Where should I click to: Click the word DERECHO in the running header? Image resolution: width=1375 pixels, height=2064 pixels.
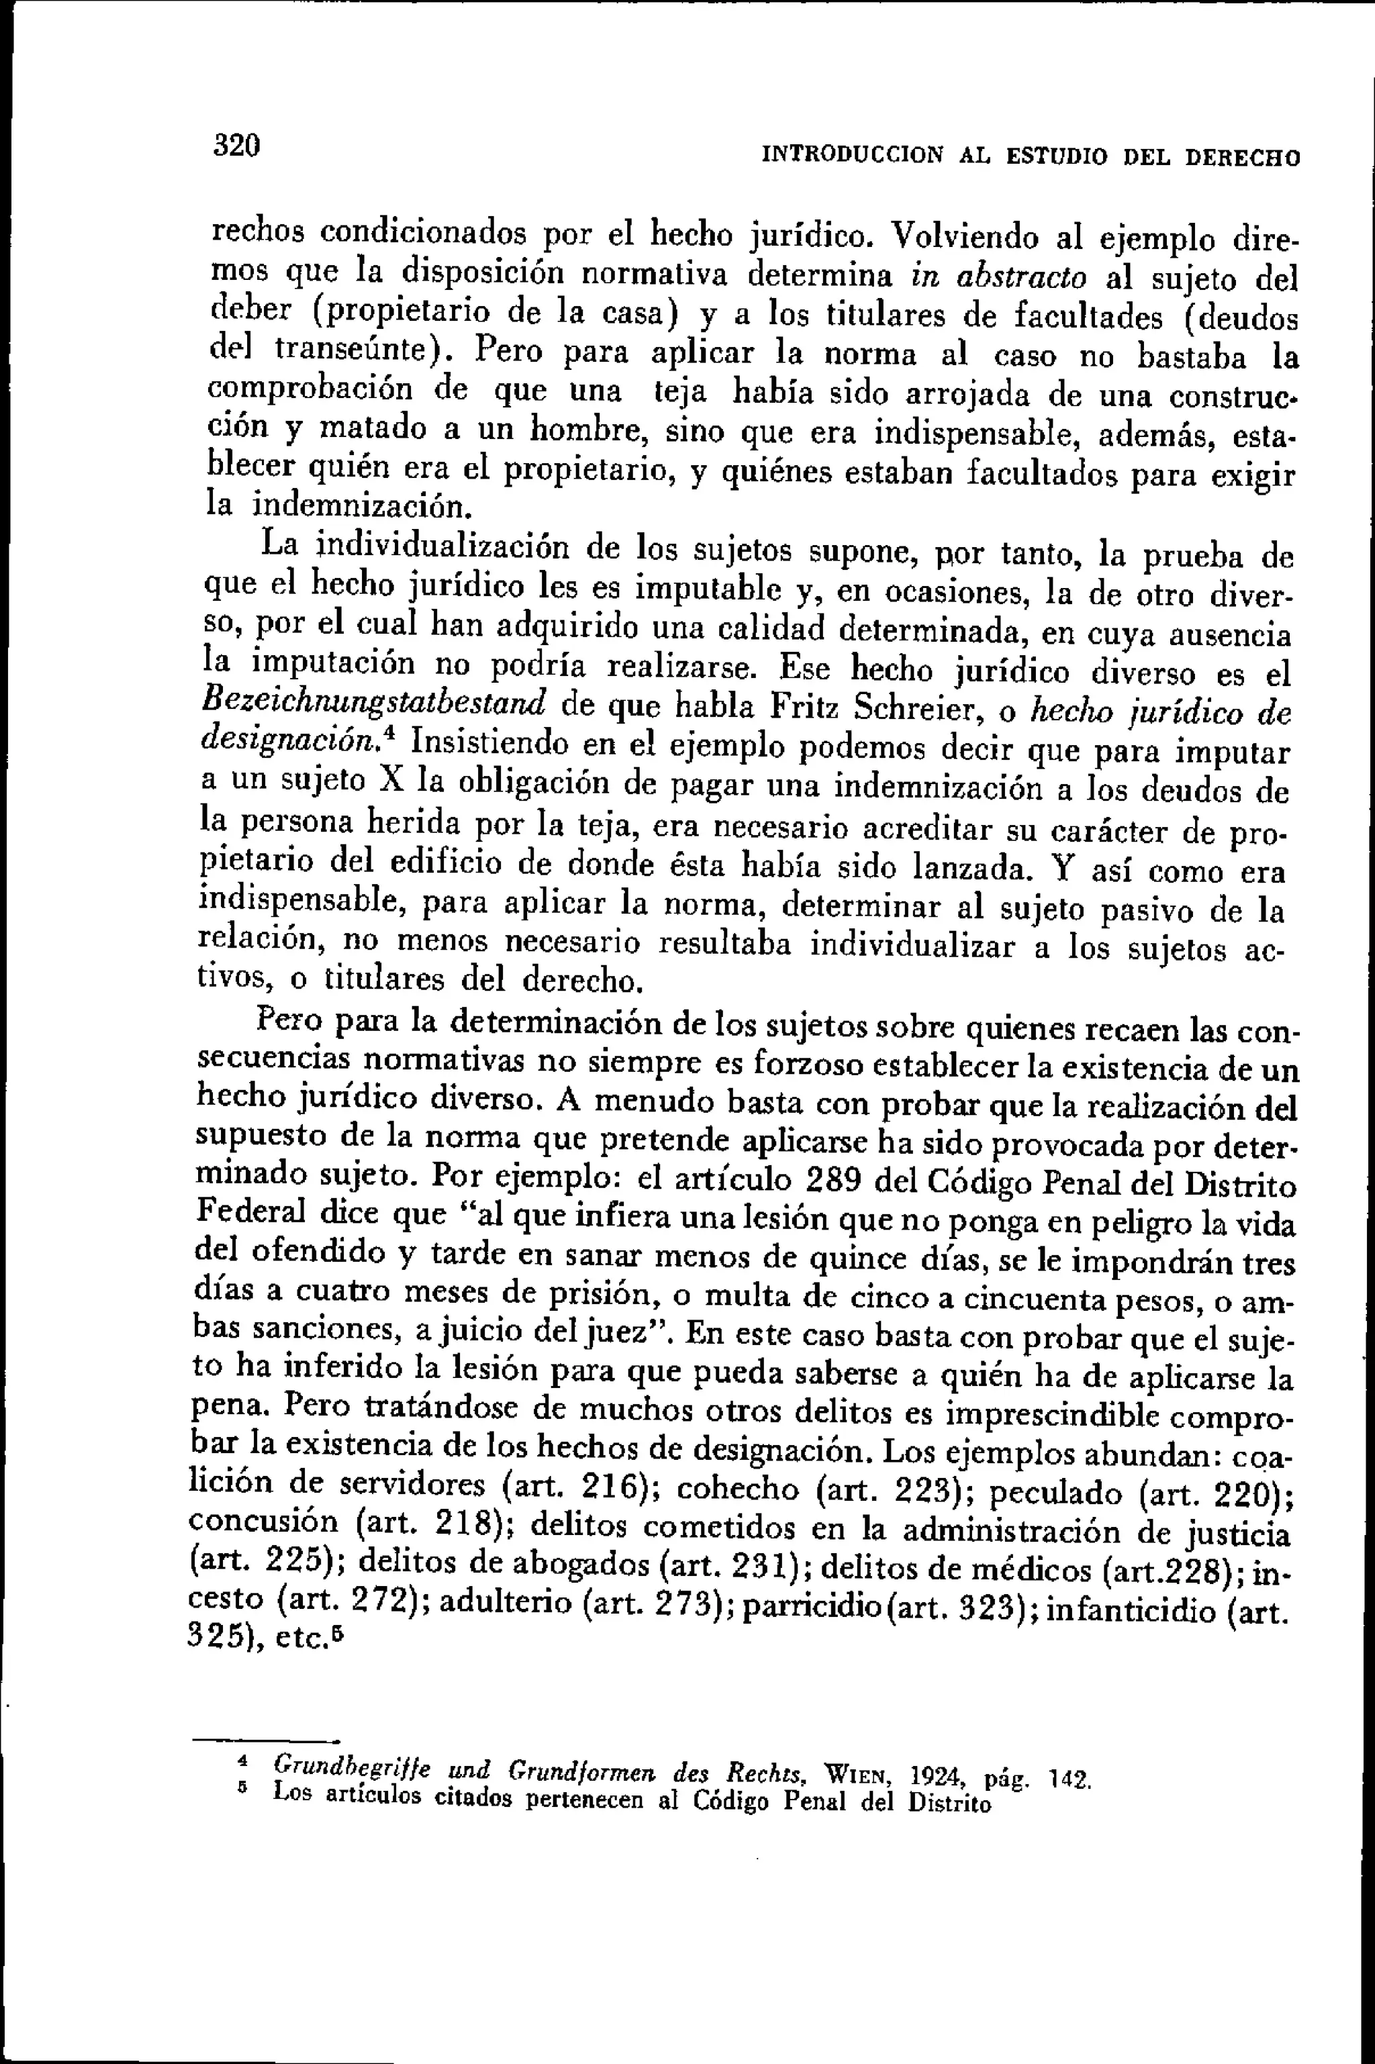click(x=1243, y=158)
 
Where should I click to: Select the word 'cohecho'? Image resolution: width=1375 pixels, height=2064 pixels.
click(x=739, y=1488)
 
